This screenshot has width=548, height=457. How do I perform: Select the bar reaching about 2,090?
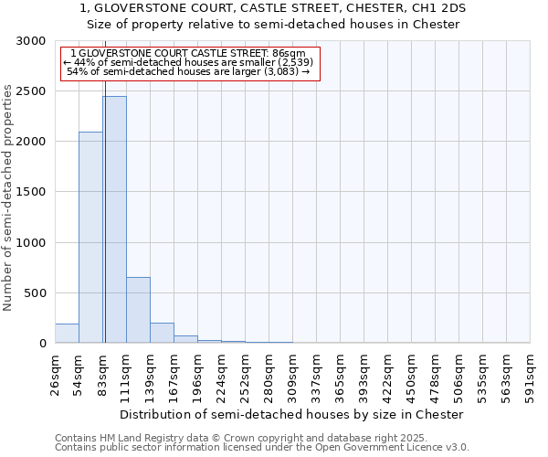click(x=90, y=238)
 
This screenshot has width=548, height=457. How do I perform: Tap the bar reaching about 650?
click(x=138, y=310)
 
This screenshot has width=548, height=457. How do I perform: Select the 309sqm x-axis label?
click(x=292, y=372)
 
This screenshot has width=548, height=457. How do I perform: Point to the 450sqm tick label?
click(x=412, y=372)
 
